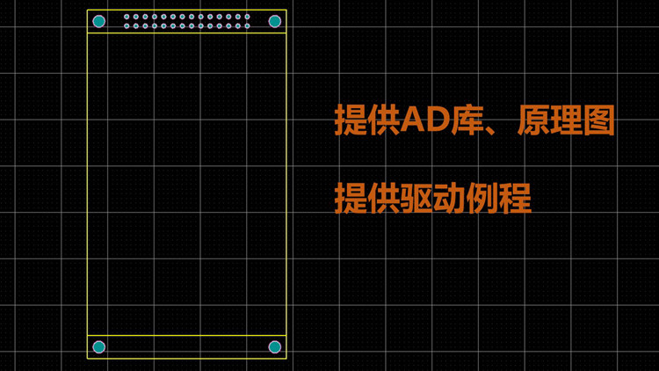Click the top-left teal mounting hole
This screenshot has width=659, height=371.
tap(98, 21)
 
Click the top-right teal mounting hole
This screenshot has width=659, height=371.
tap(274, 21)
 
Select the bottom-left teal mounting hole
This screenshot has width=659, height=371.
tap(98, 347)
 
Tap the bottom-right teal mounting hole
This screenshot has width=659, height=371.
tap(274, 347)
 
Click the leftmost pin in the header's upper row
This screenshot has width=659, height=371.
tap(127, 17)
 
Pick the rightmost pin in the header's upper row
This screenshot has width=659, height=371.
tap(247, 17)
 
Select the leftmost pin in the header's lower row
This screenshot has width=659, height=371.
tap(127, 25)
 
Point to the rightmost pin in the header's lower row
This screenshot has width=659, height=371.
tap(247, 25)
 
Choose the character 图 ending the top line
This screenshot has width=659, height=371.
tap(598, 121)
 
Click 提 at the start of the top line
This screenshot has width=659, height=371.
tap(351, 121)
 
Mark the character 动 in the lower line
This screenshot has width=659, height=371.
tap(449, 198)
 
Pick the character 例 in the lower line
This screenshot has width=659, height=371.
tap(482, 198)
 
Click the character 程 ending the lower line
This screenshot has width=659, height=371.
tap(515, 198)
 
